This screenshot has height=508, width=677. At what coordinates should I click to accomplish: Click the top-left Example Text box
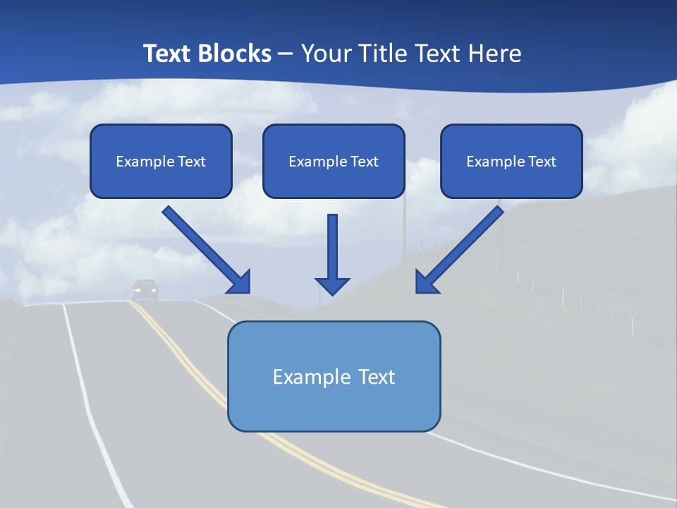pyautogui.click(x=161, y=161)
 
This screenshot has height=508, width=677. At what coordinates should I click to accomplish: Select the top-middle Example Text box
pyautogui.click(x=334, y=161)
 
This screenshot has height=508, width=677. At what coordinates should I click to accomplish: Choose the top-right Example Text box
pyautogui.click(x=511, y=161)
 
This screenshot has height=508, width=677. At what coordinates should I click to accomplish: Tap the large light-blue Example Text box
pyautogui.click(x=334, y=376)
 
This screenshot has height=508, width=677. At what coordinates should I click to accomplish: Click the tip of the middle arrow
pyautogui.click(x=332, y=293)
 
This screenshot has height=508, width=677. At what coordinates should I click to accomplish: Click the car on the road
pyautogui.click(x=145, y=289)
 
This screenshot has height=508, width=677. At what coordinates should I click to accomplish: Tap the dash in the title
pyautogui.click(x=286, y=54)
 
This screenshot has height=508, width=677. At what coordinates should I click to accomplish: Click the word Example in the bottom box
pyautogui.click(x=303, y=377)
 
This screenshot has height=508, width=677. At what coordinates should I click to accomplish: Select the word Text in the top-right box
pyautogui.click(x=542, y=162)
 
